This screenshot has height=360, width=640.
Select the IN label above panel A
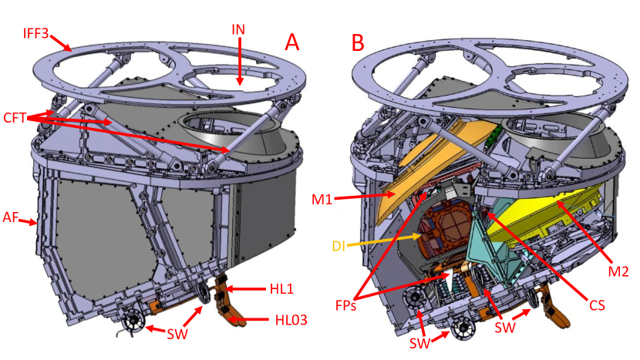click(x=240, y=29)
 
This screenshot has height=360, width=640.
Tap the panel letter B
click(x=358, y=42)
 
